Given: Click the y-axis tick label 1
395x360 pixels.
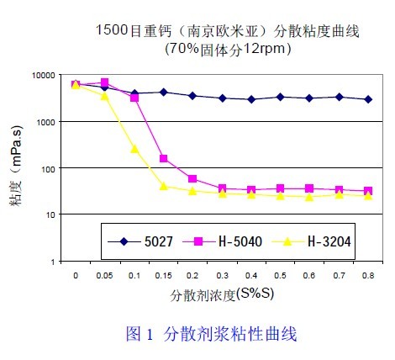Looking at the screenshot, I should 52,262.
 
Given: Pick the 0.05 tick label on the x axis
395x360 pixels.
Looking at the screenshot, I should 105,275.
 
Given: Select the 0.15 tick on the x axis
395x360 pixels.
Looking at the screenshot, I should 163,275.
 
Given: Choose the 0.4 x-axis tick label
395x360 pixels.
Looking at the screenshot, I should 251,275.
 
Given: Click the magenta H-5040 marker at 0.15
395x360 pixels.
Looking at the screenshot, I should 163,159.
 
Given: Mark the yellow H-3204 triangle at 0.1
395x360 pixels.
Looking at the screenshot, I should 134,149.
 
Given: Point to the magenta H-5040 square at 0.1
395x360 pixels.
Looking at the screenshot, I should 134,98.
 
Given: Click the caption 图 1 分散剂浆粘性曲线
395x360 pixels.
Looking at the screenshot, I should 211,334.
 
